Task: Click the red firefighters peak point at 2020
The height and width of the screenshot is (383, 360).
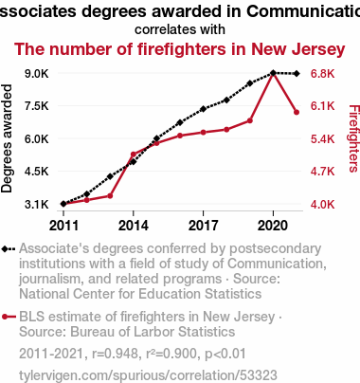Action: pyautogui.click(x=273, y=74)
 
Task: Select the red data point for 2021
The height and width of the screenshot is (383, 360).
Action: pyautogui.click(x=297, y=112)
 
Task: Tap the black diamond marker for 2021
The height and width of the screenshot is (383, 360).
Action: pyautogui.click(x=297, y=74)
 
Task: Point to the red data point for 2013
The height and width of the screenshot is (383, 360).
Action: pyautogui.click(x=110, y=196)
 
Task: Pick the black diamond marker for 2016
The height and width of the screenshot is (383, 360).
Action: pyautogui.click(x=180, y=122)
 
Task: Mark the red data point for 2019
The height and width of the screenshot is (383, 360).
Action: pyautogui.click(x=250, y=120)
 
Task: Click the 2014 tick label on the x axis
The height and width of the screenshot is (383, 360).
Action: pyautogui.click(x=134, y=226)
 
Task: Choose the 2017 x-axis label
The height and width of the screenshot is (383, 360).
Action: pyautogui.click(x=203, y=226)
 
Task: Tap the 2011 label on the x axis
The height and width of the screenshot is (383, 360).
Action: pyautogui.click(x=63, y=226)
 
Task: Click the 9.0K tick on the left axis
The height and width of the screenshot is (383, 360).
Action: pyautogui.click(x=37, y=74)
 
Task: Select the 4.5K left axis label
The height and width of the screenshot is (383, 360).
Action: pyautogui.click(x=37, y=172)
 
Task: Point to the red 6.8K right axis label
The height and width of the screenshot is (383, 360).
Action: pyautogui.click(x=322, y=74)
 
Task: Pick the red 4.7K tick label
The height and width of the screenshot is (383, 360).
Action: pyautogui.click(x=322, y=172)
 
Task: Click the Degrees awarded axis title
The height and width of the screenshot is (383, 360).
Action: pyautogui.click(x=7, y=138)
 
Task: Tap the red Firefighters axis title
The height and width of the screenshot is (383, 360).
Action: pyautogui.click(x=353, y=138)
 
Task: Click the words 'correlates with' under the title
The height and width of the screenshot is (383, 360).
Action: pyautogui.click(x=180, y=29)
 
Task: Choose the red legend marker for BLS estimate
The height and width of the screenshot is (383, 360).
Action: pyautogui.click(x=9, y=317)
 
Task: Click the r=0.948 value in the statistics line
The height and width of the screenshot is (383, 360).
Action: pyautogui.click(x=115, y=354)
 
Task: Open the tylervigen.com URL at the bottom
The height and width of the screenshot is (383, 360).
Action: pyautogui.click(x=148, y=375)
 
